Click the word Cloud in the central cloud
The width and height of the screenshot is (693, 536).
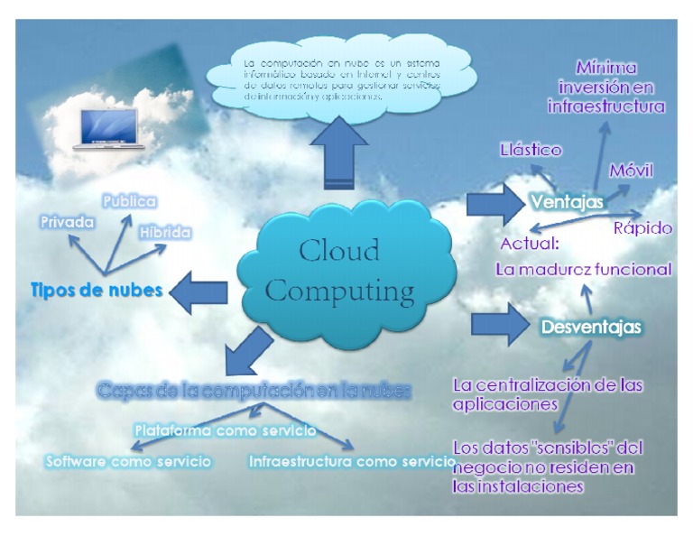point(339,252)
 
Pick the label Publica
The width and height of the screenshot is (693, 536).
point(128,200)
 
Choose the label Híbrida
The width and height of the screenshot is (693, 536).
point(165,232)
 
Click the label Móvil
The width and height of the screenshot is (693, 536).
point(631,170)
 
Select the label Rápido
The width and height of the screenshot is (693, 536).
point(642,227)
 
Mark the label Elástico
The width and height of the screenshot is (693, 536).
point(531,151)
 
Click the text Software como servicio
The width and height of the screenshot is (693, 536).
point(128,461)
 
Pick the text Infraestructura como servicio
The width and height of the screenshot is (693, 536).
point(351,461)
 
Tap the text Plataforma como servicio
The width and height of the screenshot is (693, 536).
point(225,430)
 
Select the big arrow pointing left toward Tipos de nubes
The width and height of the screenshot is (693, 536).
point(199,291)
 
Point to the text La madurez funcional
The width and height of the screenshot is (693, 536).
point(583,268)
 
